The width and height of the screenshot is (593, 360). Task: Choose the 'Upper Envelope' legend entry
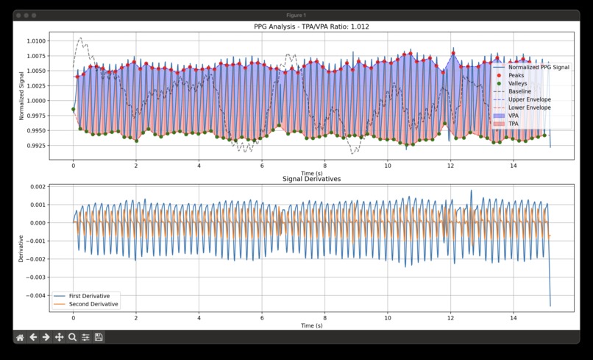tap(529, 99)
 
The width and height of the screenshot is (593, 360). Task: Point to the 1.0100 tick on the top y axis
tap(35, 41)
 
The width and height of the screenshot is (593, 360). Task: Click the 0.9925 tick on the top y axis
tap(35, 146)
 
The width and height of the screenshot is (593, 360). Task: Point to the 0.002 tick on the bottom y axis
tap(36, 187)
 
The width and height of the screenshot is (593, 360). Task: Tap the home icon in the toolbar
tap(20, 337)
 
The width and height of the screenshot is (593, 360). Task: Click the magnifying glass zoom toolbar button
tap(72, 337)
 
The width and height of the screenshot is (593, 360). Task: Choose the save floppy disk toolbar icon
tap(99, 337)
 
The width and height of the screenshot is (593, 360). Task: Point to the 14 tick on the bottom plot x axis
tap(513, 317)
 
